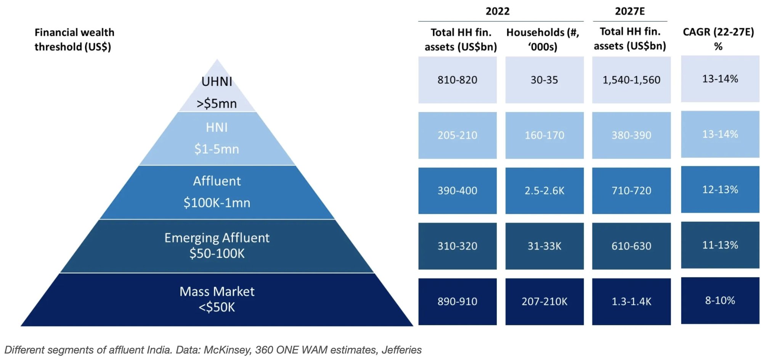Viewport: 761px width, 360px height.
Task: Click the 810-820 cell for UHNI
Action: pos(457,80)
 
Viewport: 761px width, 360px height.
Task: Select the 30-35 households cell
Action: pos(544,80)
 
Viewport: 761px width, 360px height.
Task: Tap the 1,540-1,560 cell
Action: pos(631,80)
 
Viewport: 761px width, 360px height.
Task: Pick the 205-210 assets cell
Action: pos(457,135)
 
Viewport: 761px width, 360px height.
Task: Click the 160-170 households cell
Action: pos(544,135)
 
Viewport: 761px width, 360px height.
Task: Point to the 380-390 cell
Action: pos(631,135)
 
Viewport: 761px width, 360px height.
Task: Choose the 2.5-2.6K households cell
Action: pos(544,190)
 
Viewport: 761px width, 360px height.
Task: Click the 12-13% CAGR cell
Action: pos(720,190)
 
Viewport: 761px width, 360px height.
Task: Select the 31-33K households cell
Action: pos(544,246)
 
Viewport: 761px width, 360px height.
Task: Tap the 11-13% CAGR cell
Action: pos(720,245)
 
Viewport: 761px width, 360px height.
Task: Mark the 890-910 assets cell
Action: pos(457,301)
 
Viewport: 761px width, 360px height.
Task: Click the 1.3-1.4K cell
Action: pos(631,301)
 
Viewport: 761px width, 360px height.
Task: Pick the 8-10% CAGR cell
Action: pos(720,301)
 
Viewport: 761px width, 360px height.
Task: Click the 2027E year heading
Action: pos(629,11)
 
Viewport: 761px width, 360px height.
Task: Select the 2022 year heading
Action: pos(497,11)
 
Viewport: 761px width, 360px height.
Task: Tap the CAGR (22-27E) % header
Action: pos(718,39)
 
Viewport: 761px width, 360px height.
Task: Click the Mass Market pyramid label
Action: pos(217,292)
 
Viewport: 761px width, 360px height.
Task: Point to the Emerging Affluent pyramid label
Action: pos(217,238)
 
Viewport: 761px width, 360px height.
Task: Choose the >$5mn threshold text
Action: pos(217,103)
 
